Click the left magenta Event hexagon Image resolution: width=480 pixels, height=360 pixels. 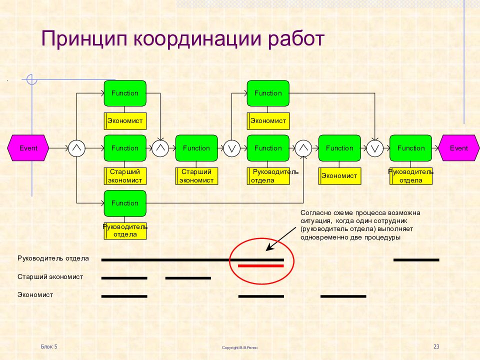click(x=28, y=148)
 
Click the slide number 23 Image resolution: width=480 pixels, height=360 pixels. click(x=436, y=346)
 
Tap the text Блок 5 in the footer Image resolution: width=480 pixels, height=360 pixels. click(x=49, y=346)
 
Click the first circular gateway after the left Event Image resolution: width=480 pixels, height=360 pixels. click(x=77, y=148)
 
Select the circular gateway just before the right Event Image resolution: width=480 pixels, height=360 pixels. click(x=375, y=148)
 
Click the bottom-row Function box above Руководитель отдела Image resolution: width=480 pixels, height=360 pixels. click(x=125, y=203)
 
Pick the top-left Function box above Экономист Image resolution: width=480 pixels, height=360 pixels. click(x=125, y=93)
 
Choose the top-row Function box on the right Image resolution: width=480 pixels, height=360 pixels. click(x=268, y=93)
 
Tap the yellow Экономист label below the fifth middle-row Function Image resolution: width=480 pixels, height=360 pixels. click(x=339, y=175)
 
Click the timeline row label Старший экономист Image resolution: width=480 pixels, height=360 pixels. click(x=50, y=276)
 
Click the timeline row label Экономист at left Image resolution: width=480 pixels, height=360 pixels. click(x=35, y=295)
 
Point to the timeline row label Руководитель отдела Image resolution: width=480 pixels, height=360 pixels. click(x=53, y=258)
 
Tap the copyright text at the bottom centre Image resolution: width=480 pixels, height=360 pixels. click(x=240, y=347)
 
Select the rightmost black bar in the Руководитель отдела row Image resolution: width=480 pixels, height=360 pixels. click(x=416, y=260)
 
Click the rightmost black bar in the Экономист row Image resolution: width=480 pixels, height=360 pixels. click(x=343, y=296)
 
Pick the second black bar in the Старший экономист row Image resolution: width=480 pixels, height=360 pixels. click(x=188, y=278)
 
